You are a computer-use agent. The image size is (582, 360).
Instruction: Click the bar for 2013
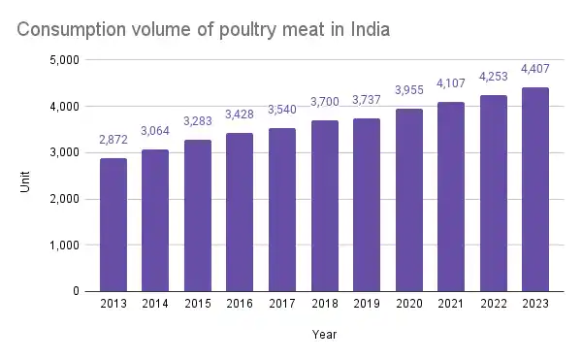[x=113, y=224]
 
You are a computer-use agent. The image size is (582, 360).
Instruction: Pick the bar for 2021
[x=451, y=196]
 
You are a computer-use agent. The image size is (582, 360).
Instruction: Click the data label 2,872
[x=113, y=142]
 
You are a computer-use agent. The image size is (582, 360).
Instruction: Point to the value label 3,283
[x=198, y=122]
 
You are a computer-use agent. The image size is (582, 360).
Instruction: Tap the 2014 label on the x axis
[x=155, y=304]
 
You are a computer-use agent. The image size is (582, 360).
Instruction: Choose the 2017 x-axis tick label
[x=282, y=304]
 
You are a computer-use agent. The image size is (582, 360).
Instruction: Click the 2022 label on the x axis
[x=494, y=304]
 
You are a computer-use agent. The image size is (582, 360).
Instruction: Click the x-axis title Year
[x=325, y=334]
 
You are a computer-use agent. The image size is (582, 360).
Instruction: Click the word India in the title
[x=368, y=30]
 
